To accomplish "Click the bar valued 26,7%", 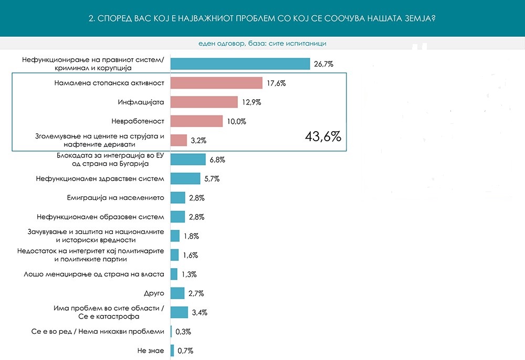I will coord(240,64).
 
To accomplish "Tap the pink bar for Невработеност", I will coord(196,121).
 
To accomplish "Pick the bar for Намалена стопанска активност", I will coord(216,83).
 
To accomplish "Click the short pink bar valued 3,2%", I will coord(178,140).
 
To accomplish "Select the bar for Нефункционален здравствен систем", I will coord(185,178).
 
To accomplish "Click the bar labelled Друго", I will coord(177,293).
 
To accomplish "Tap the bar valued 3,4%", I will coord(179,312).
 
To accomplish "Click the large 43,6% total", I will coord(323,137).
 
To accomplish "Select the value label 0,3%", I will coord(184,332).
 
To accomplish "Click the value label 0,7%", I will coord(186,351).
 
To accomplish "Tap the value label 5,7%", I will coord(211,179).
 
